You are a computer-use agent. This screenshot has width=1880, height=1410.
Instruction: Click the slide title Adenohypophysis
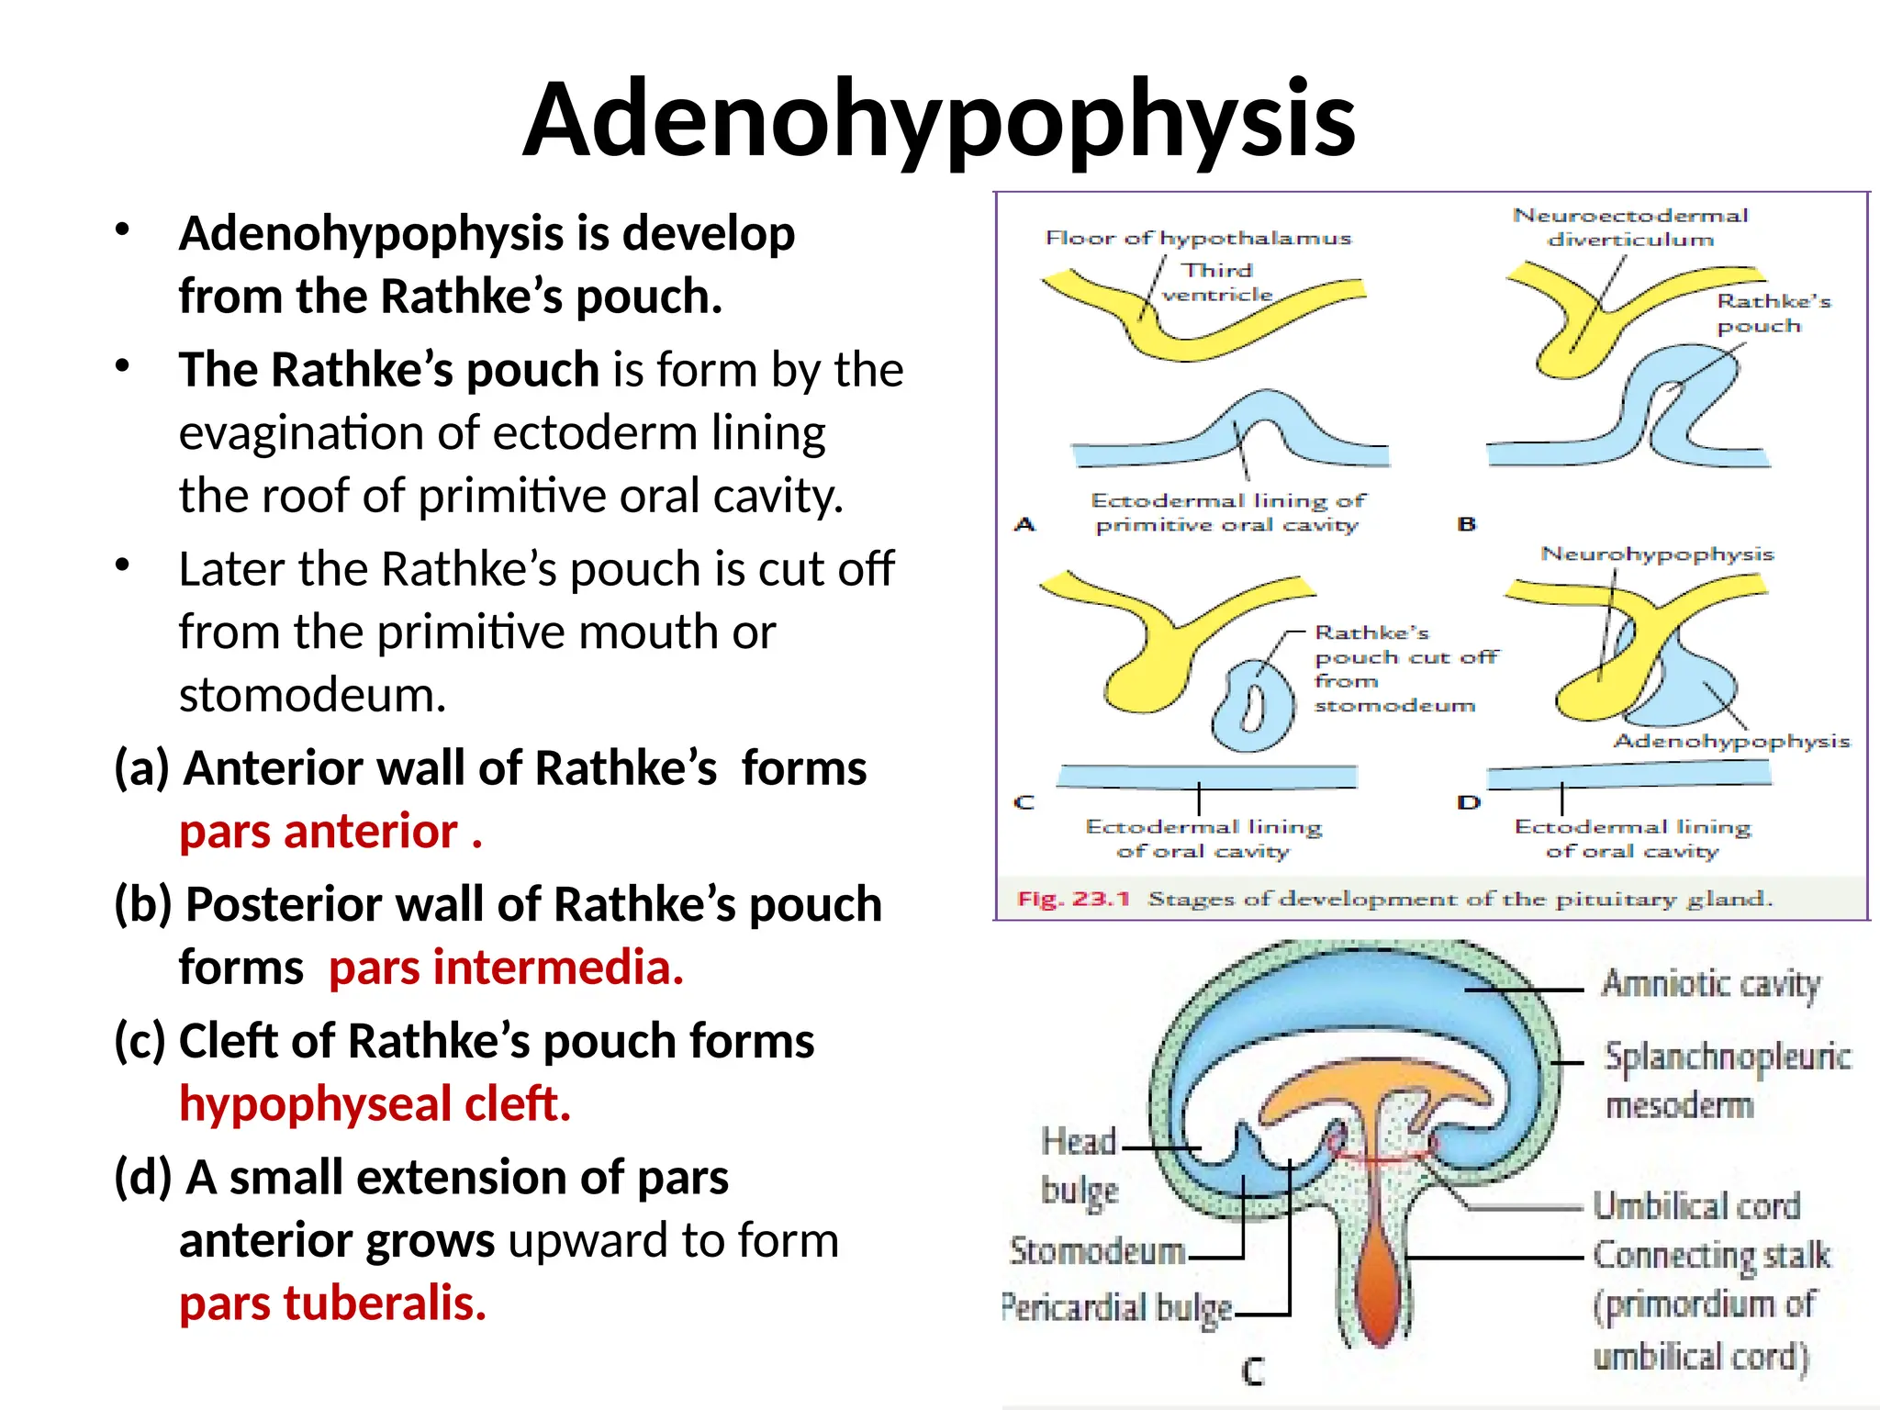(x=939, y=119)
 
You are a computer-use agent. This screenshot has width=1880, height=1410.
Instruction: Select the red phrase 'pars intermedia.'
(x=506, y=968)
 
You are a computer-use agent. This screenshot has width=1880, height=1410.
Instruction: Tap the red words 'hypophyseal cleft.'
(x=375, y=1103)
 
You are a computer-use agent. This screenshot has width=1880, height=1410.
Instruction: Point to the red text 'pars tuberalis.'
(x=332, y=1304)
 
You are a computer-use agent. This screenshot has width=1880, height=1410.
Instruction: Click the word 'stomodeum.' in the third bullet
(x=312, y=695)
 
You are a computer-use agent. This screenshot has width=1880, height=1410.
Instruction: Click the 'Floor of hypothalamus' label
(x=1198, y=239)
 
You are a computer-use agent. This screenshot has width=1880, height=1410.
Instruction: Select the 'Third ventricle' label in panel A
(x=1217, y=283)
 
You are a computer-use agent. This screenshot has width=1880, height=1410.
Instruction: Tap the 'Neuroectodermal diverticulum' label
(x=1630, y=227)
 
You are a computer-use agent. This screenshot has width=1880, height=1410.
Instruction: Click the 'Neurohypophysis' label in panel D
(x=1657, y=554)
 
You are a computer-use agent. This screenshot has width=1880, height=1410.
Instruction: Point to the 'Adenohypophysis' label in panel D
(x=1731, y=742)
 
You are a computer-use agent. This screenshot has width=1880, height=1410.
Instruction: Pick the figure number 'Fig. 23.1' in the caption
(x=1073, y=899)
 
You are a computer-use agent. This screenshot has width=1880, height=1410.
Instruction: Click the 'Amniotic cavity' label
(x=1710, y=985)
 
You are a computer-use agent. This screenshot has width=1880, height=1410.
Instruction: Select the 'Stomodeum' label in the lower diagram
(x=1097, y=1251)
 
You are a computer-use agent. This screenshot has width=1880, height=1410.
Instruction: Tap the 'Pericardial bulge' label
(x=1116, y=1308)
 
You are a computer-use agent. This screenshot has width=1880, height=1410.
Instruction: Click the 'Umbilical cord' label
(x=1696, y=1206)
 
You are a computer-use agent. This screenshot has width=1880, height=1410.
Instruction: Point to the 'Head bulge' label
(x=1080, y=1166)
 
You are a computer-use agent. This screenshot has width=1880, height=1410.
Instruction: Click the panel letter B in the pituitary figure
(x=1467, y=524)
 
